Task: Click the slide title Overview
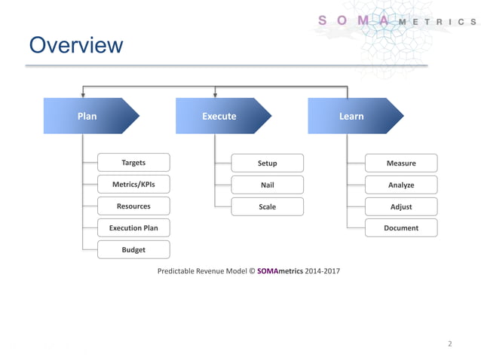[75, 45]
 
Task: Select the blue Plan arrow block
[89, 116]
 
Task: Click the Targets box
[133, 163]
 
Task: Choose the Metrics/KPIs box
[133, 185]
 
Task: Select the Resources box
[133, 206]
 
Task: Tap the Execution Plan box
[133, 227]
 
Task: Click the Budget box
[133, 249]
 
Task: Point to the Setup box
[267, 163]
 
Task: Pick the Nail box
[267, 185]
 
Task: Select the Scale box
[267, 206]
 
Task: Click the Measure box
[400, 163]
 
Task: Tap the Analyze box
[400, 185]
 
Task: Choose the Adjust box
[400, 206]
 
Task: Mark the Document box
[400, 228]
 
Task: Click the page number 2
[450, 344]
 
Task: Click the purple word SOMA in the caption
[268, 270]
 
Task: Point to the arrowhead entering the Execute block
[215, 95]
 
